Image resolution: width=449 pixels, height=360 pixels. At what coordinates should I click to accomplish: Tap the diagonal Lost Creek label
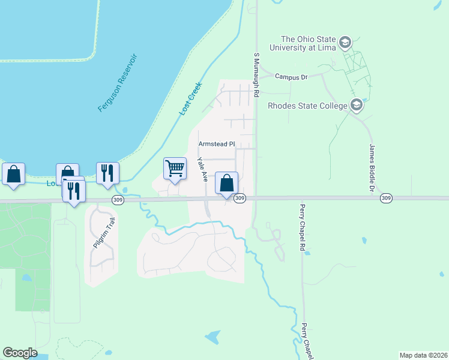[191, 98]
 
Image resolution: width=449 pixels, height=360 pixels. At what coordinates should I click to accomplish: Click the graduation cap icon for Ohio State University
[345, 42]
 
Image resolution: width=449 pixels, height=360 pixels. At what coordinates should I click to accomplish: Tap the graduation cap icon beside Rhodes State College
[357, 106]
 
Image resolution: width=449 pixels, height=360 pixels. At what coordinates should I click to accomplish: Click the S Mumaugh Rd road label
[256, 74]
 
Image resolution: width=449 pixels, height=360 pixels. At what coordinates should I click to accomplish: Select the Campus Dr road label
[291, 77]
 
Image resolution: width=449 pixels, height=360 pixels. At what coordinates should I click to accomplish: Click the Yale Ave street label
[203, 170]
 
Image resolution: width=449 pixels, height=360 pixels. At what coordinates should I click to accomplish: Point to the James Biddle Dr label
[372, 168]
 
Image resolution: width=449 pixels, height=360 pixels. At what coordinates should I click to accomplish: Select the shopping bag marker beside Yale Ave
[226, 183]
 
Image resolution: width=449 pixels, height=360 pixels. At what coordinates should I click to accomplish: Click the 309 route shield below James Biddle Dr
[387, 198]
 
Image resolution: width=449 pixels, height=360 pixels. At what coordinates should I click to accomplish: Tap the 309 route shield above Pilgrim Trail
[117, 200]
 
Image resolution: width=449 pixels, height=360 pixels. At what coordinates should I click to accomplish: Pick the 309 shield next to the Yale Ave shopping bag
[240, 198]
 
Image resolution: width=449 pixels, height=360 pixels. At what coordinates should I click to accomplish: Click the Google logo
[20, 353]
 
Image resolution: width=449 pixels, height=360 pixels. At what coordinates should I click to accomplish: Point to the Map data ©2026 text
[423, 355]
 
